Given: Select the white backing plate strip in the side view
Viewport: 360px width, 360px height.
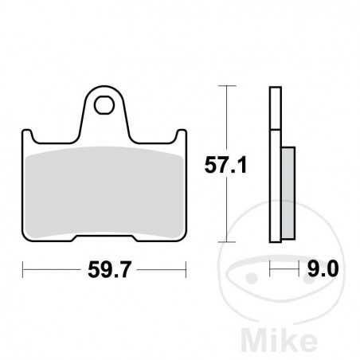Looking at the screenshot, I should coord(275,159).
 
